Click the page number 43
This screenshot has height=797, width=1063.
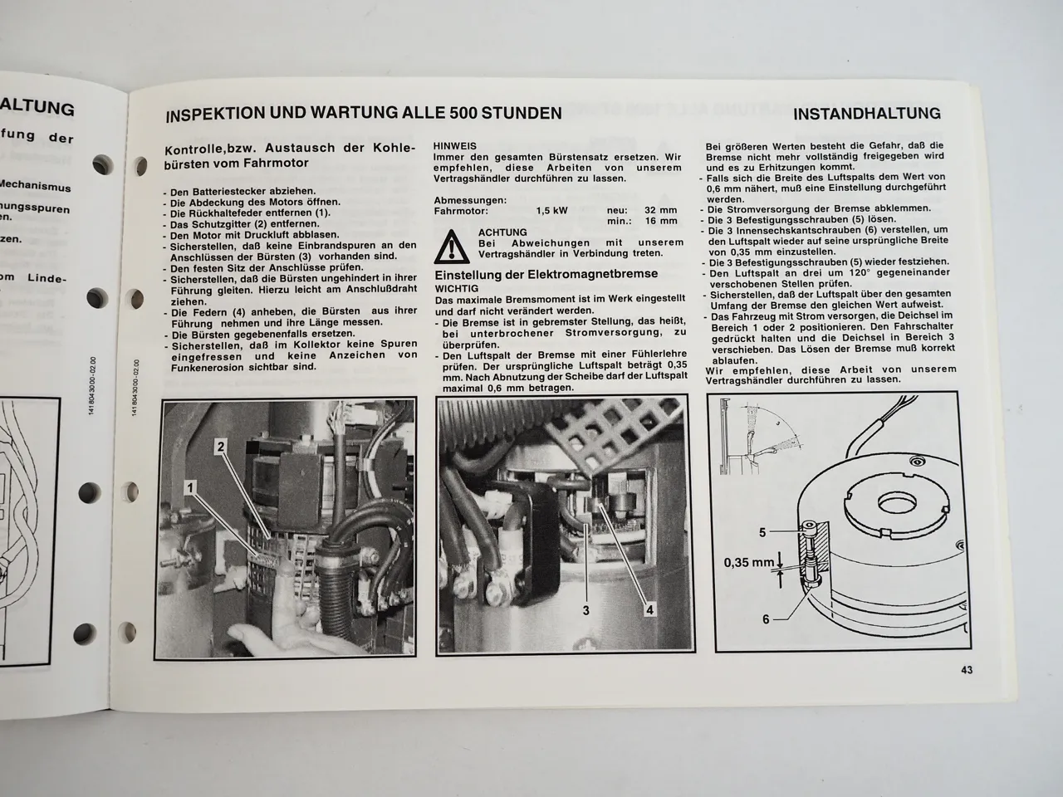click(x=966, y=670)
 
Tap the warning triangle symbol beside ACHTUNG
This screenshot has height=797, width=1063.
click(x=452, y=246)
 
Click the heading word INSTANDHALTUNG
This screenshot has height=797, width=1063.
click(x=867, y=114)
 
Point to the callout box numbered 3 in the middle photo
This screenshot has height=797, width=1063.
click(x=585, y=610)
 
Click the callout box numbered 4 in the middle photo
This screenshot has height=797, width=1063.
click(x=649, y=610)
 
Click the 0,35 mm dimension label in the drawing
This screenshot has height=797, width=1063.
click(x=748, y=562)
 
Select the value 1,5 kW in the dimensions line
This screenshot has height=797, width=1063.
click(x=552, y=211)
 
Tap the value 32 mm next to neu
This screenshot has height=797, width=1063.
click(x=661, y=211)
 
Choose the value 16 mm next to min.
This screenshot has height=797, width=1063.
click(x=661, y=222)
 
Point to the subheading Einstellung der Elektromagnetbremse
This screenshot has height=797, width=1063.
click(x=546, y=274)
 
